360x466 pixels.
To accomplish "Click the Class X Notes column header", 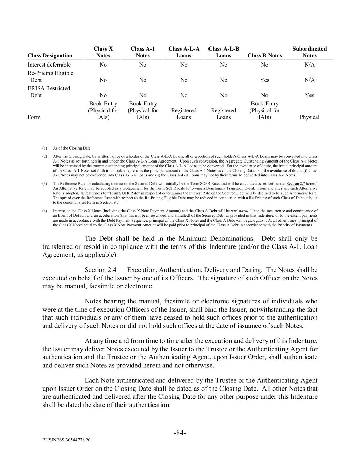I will click(x=103, y=52).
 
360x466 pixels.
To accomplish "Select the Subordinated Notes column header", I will click(x=309, y=52).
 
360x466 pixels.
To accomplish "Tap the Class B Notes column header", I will click(x=264, y=56).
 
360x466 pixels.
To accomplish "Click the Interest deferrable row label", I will click(x=49, y=65).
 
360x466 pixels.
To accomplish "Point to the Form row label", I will click(x=34, y=117).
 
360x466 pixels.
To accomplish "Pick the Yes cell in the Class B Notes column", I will click(x=264, y=80).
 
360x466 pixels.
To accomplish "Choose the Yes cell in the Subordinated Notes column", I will click(x=309, y=95).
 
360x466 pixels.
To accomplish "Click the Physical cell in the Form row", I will click(x=309, y=117).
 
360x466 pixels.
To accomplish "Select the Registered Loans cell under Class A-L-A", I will click(x=184, y=114).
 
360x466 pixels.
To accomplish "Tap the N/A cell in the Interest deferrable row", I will click(x=309, y=65).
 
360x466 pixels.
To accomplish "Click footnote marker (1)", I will click(x=45, y=148).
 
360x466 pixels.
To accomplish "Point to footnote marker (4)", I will click(x=45, y=211).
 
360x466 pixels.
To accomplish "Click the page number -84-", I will click(x=180, y=433).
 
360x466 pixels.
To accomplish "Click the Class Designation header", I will click(x=50, y=56).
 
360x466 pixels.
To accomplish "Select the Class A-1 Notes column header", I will click(x=143, y=52).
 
